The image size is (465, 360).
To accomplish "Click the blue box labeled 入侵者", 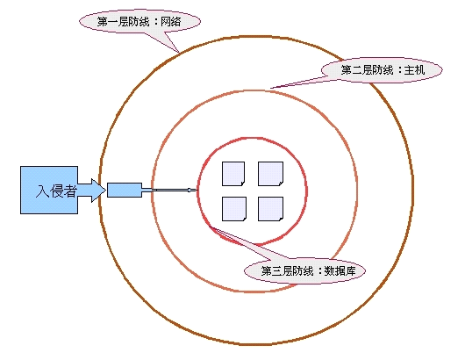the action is pyautogui.click(x=49, y=190).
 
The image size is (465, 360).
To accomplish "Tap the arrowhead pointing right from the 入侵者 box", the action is pyautogui.click(x=98, y=191).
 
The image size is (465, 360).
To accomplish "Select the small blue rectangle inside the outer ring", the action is pyautogui.click(x=125, y=190).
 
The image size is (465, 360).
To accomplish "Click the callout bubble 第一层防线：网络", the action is pyautogui.click(x=139, y=22).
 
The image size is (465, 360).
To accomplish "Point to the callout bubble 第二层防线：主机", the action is pyautogui.click(x=382, y=70).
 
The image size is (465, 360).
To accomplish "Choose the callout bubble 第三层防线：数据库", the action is pyautogui.click(x=304, y=270).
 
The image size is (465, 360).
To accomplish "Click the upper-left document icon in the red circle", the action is pyautogui.click(x=233, y=174).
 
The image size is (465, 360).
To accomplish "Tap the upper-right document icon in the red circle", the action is pyautogui.click(x=270, y=174).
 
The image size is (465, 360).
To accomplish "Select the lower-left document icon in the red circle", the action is pyautogui.click(x=234, y=209).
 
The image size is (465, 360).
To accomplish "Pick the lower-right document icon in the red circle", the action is pyautogui.click(x=270, y=209).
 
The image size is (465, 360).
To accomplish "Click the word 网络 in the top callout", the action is pyautogui.click(x=170, y=22).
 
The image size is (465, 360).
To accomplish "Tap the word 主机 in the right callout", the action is pyautogui.click(x=414, y=70).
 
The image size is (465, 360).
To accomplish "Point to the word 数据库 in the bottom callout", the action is pyautogui.click(x=340, y=271).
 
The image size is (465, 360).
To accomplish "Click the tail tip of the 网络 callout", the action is pyautogui.click(x=178, y=52).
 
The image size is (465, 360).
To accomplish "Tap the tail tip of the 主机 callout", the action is pyautogui.click(x=271, y=88).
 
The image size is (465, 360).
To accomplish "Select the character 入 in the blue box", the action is pyautogui.click(x=42, y=191).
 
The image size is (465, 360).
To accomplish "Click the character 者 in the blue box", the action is pyautogui.click(x=70, y=191).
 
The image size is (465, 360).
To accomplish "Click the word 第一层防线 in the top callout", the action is pyautogui.click(x=123, y=22).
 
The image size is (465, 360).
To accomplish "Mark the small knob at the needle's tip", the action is pyautogui.click(x=190, y=190).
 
